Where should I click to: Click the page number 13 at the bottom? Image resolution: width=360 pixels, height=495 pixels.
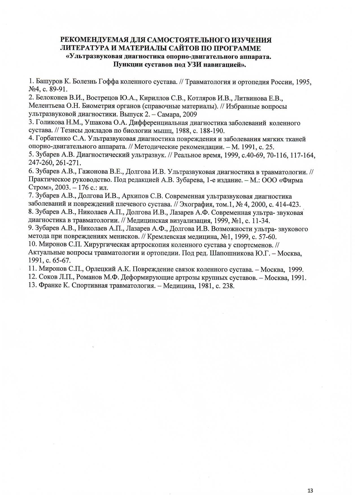[311, 483]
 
